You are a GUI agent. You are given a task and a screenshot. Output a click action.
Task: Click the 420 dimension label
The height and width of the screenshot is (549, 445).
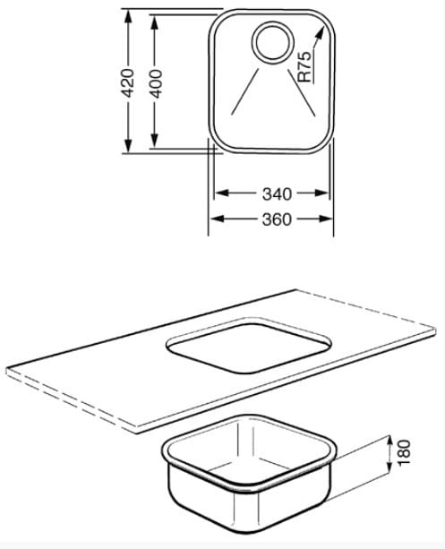127,83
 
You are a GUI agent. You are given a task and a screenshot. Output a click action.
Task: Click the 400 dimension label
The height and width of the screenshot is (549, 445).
156,83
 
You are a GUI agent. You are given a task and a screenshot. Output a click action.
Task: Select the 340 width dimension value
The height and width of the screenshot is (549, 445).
277,194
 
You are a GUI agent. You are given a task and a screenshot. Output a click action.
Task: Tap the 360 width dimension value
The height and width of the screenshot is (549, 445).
277,219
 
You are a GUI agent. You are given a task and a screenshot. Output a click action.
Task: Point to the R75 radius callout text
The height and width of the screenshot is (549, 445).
304,67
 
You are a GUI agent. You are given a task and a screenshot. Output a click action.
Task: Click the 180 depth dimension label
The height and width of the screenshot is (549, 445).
404,452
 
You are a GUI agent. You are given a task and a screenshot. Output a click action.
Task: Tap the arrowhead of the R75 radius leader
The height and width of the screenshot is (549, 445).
319,34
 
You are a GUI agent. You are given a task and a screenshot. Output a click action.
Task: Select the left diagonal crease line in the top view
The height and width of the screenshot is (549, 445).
245,91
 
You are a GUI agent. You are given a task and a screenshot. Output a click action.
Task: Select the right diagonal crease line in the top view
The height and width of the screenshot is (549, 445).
301,92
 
